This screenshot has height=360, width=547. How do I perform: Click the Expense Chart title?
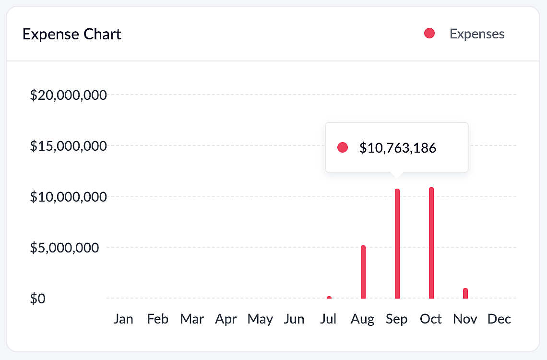[x=72, y=35]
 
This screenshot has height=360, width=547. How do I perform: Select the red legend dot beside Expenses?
[x=429, y=34]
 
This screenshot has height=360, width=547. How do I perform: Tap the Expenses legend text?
[x=477, y=34]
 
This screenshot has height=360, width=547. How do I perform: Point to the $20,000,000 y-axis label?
[x=68, y=95]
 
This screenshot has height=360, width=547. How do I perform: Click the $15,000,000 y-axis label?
[x=68, y=146]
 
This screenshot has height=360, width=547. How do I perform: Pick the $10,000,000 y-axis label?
[x=68, y=197]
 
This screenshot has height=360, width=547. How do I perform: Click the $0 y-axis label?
[x=38, y=299]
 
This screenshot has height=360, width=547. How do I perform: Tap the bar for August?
[x=363, y=272]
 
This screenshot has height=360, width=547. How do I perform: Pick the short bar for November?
[x=465, y=293]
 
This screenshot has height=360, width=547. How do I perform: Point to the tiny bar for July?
[x=329, y=298]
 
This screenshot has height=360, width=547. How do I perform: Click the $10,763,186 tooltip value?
[x=398, y=148]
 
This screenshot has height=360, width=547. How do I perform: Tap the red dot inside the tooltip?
[x=342, y=147]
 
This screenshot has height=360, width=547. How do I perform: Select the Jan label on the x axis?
[x=123, y=319]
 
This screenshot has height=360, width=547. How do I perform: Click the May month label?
[x=260, y=319]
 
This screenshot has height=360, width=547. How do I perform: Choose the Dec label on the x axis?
[x=499, y=319]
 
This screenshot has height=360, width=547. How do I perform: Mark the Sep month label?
[x=397, y=319]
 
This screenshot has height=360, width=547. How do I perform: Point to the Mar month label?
[x=192, y=319]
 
